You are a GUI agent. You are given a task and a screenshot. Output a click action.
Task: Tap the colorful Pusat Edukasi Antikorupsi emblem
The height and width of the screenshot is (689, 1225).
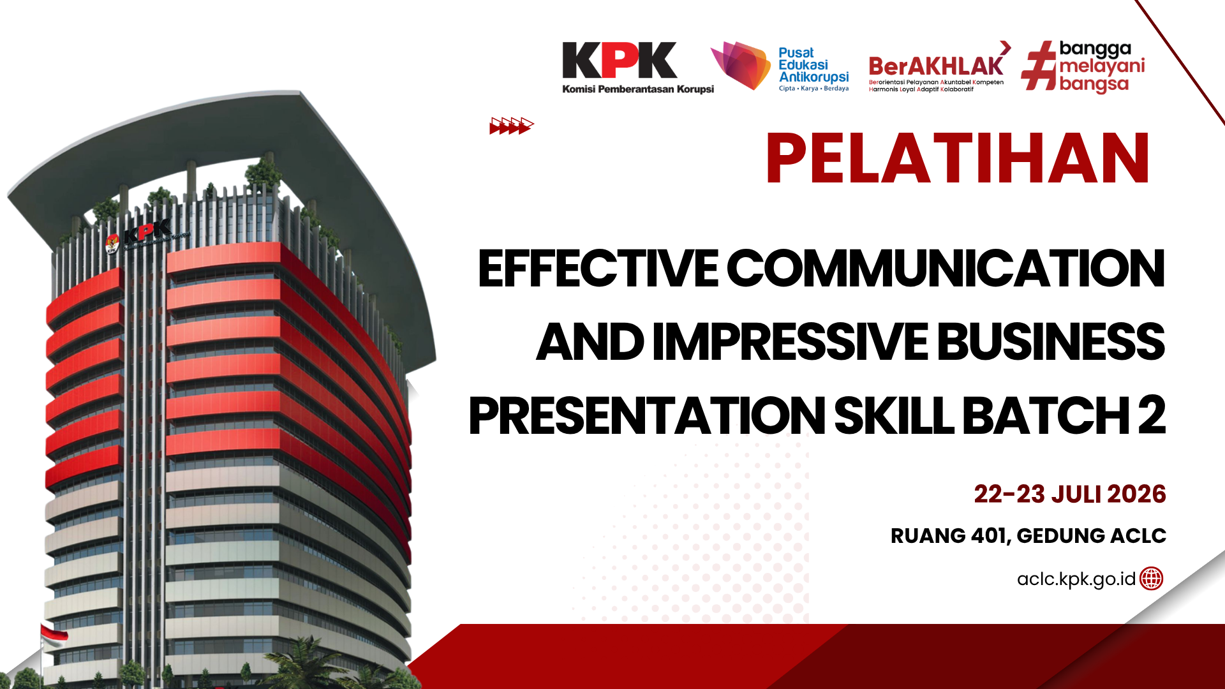click(x=741, y=65)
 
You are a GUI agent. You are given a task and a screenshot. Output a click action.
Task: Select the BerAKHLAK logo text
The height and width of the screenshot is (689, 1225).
click(x=936, y=66)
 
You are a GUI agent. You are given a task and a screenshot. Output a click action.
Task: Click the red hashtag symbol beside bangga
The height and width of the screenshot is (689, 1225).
click(x=1039, y=66)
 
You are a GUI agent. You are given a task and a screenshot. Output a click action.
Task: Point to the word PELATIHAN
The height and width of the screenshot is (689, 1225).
click(x=958, y=158)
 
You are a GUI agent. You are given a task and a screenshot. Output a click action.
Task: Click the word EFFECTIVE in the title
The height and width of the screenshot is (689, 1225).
click(x=598, y=269)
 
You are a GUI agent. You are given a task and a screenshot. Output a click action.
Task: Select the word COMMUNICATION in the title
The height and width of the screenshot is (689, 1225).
click(x=946, y=269)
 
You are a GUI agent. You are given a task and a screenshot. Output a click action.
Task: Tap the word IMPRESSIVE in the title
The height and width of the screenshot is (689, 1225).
click(x=790, y=342)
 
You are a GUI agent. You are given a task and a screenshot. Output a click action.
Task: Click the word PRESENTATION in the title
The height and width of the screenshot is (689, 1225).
click(x=647, y=416)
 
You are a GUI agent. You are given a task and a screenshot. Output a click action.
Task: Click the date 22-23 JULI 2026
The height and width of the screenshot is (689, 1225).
click(x=1070, y=494)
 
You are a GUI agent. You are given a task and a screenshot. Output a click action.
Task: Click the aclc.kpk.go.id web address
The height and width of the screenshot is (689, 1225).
click(x=1076, y=579)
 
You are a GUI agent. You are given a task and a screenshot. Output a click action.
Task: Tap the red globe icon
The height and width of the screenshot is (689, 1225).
click(x=1152, y=579)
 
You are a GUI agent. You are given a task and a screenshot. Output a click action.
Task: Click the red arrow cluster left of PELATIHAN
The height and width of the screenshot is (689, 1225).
click(x=512, y=126)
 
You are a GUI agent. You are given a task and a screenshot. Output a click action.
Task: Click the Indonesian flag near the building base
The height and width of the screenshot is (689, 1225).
click(x=54, y=635)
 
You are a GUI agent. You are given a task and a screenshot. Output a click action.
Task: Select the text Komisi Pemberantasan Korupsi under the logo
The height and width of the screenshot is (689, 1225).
click(x=638, y=89)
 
